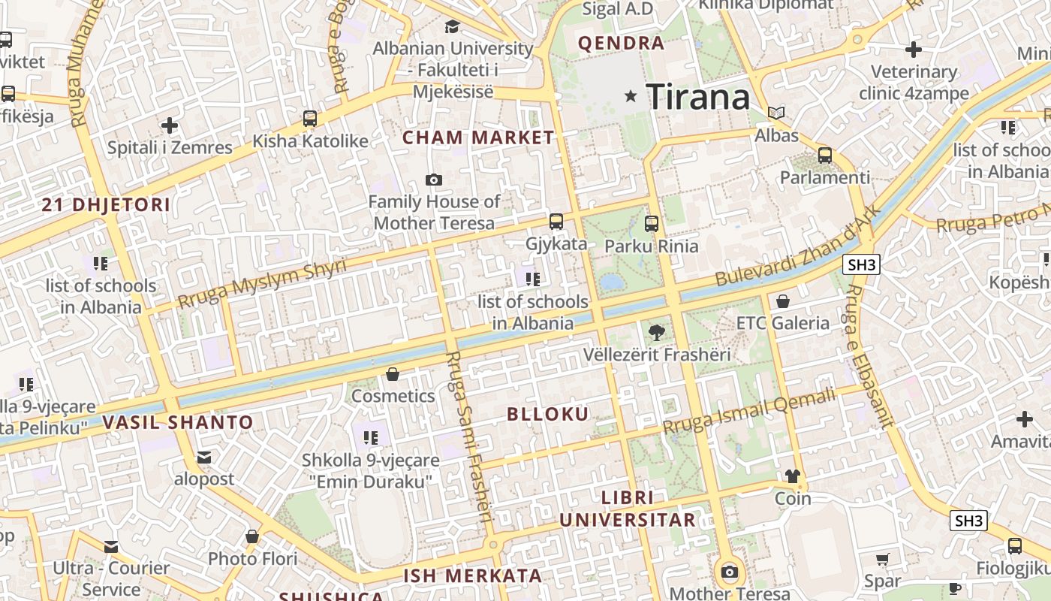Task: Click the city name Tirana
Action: [697, 97]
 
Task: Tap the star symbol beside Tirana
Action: [631, 95]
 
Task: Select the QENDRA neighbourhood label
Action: [621, 44]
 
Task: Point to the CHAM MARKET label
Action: [478, 137]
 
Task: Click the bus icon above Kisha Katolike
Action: [309, 119]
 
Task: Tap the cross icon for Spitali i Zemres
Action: [170, 125]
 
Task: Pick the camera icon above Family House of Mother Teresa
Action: [433, 180]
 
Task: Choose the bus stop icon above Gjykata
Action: [556, 222]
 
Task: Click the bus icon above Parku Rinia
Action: [651, 223]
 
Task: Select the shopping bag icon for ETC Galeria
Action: [783, 301]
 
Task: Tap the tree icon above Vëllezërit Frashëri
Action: [657, 332]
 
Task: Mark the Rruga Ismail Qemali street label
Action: [749, 412]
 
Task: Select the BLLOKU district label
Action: [548, 414]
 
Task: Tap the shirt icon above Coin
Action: [793, 476]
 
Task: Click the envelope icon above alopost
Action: [204, 457]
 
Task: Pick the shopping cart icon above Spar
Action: [882, 559]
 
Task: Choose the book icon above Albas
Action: [776, 113]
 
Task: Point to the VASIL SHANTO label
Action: [178, 422]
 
